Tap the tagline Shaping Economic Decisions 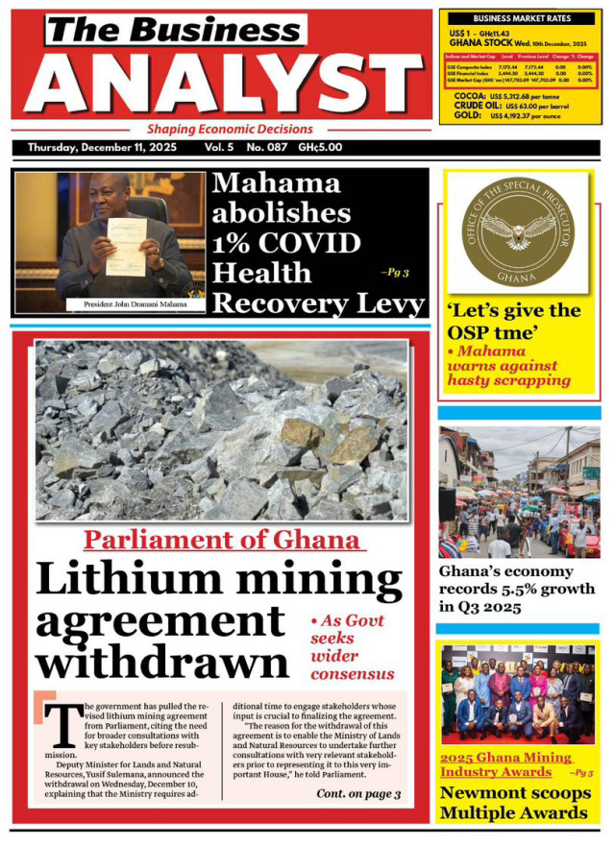coord(230,129)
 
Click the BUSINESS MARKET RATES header coord(520,18)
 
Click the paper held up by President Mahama coord(125,247)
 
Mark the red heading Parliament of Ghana coord(223,540)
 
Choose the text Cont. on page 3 coord(357,794)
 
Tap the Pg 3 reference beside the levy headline coord(394,273)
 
